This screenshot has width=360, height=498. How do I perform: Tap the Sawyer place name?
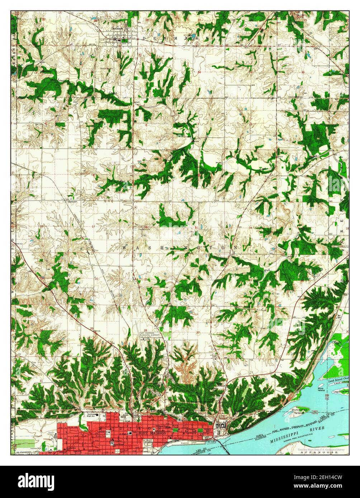coord(73,201)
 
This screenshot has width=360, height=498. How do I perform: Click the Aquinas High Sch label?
coord(92,415)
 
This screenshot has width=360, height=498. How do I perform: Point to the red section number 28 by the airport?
coord(146,330)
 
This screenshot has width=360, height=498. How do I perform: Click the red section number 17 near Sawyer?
coord(94,226)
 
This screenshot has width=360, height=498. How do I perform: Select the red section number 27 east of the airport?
coord(198,332)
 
